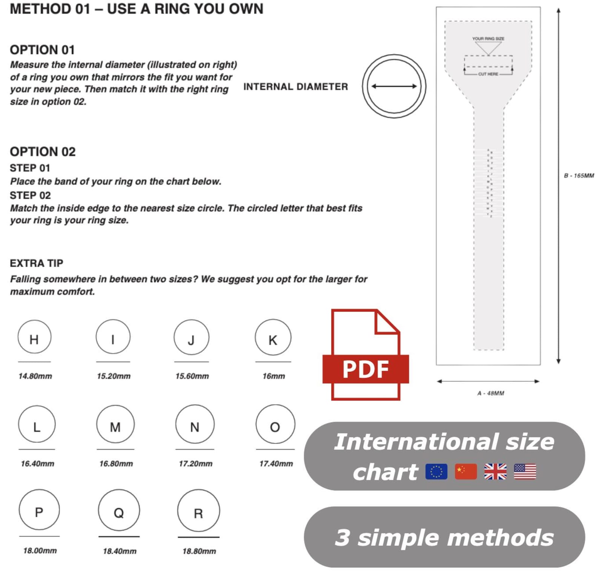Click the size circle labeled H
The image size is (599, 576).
pyautogui.click(x=34, y=337)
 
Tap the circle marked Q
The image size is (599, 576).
pyautogui.click(x=119, y=510)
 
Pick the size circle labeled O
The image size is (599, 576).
pyautogui.click(x=275, y=425)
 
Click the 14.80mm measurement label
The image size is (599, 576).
pyautogui.click(x=35, y=376)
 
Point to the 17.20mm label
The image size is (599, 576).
pyautogui.click(x=195, y=464)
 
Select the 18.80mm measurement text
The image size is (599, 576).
pyautogui.click(x=199, y=551)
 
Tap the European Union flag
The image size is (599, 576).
pyautogui.click(x=436, y=472)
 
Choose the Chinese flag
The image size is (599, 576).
pyautogui.click(x=466, y=472)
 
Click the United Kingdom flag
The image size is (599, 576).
pyautogui.click(x=495, y=472)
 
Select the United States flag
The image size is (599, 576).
pyautogui.click(x=525, y=472)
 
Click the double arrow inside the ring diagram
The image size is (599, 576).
pyautogui.click(x=394, y=86)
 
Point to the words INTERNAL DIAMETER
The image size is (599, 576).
pyautogui.click(x=295, y=87)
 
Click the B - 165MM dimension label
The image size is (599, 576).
pyautogui.click(x=579, y=176)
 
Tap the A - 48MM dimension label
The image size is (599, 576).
pyautogui.click(x=490, y=393)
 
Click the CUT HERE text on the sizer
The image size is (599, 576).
pyautogui.click(x=488, y=74)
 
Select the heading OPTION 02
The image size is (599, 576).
pyautogui.click(x=43, y=152)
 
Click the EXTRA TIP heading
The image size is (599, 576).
pyautogui.click(x=37, y=263)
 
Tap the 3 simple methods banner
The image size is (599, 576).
pyautogui.click(x=444, y=537)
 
